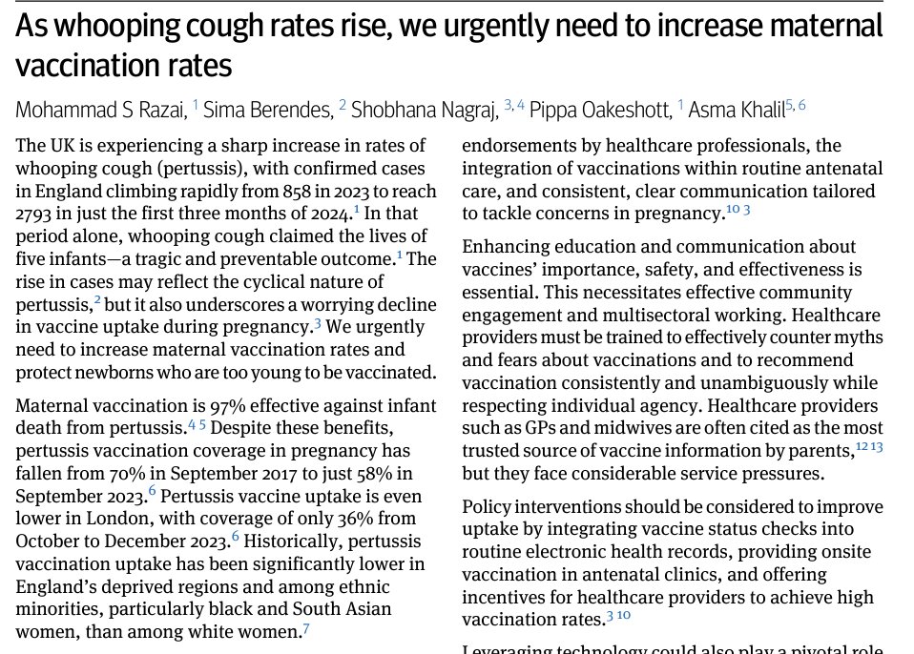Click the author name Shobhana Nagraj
click(x=425, y=110)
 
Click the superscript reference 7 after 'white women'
click(x=305, y=629)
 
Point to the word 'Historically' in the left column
click(x=305, y=542)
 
